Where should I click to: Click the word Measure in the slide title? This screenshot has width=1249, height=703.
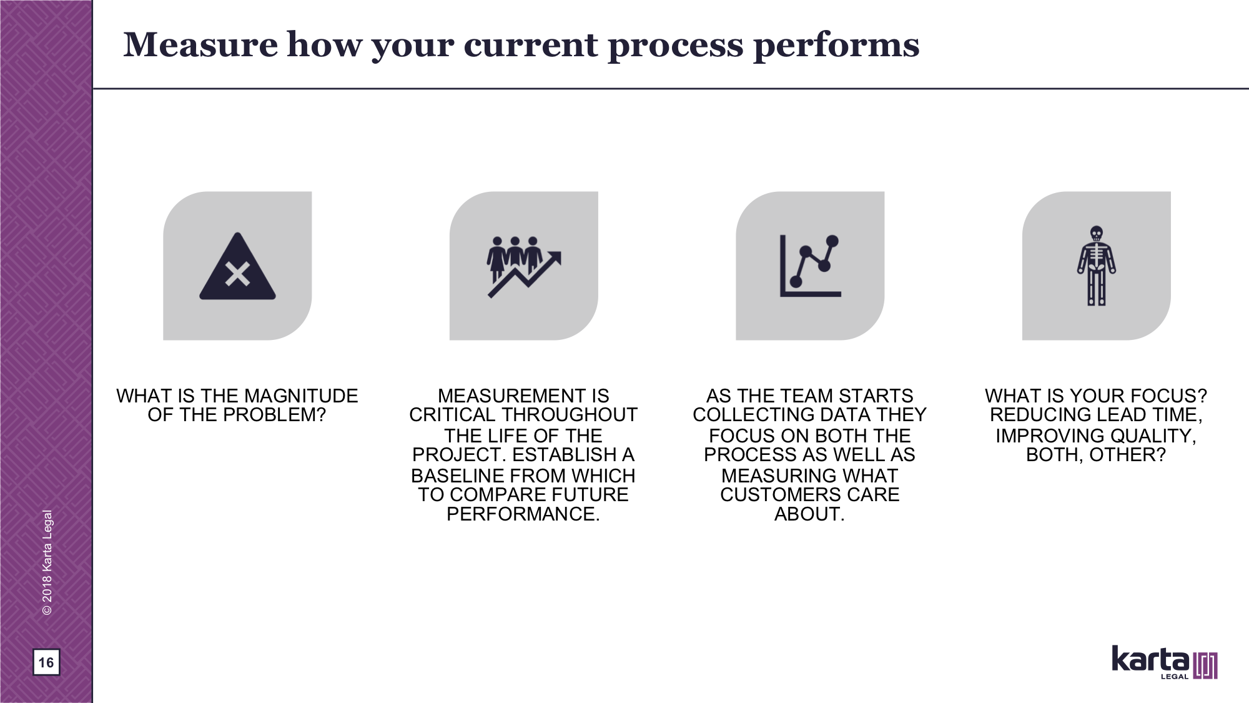[x=200, y=45]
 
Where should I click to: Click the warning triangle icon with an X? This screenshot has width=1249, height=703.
[x=237, y=266]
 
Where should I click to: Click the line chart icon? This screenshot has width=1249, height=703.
[x=810, y=266]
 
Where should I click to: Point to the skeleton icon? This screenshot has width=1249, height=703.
[x=1096, y=266]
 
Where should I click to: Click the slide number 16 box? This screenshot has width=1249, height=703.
[x=46, y=662]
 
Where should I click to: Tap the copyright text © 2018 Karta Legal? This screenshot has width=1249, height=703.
[x=47, y=562]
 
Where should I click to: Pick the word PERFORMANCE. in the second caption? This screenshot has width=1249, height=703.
[x=523, y=514]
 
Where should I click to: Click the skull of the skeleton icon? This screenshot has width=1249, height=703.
[x=1096, y=233]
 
